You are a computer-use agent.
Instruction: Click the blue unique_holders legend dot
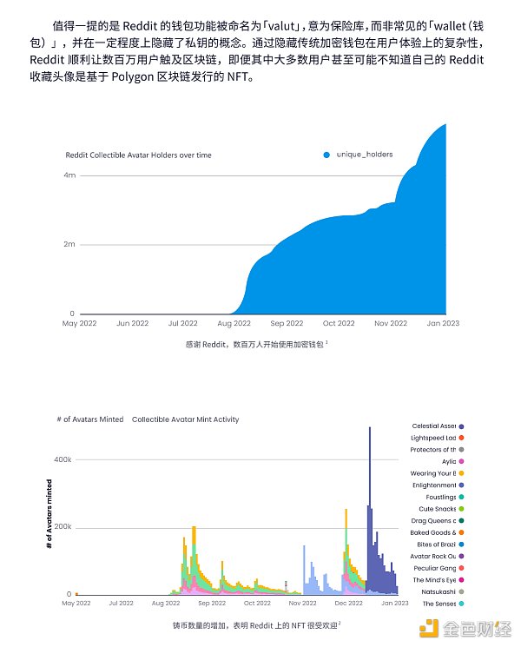pyautogui.click(x=326, y=155)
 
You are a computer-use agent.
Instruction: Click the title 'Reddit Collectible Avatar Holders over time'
pyautogui.click(x=138, y=155)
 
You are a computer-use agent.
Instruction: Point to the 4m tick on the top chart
pyautogui.click(x=69, y=175)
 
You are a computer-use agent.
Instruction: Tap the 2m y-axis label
pyautogui.click(x=69, y=244)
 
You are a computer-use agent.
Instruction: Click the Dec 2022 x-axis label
pyautogui.click(x=349, y=602)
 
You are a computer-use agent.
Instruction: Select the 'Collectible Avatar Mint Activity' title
pyautogui.click(x=185, y=419)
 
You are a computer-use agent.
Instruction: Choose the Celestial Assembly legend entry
pyautogui.click(x=437, y=426)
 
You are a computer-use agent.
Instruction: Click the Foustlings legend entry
pyautogui.click(x=437, y=497)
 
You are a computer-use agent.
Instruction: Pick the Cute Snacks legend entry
pyautogui.click(x=437, y=509)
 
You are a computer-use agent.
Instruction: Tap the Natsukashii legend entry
pyautogui.click(x=437, y=591)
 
